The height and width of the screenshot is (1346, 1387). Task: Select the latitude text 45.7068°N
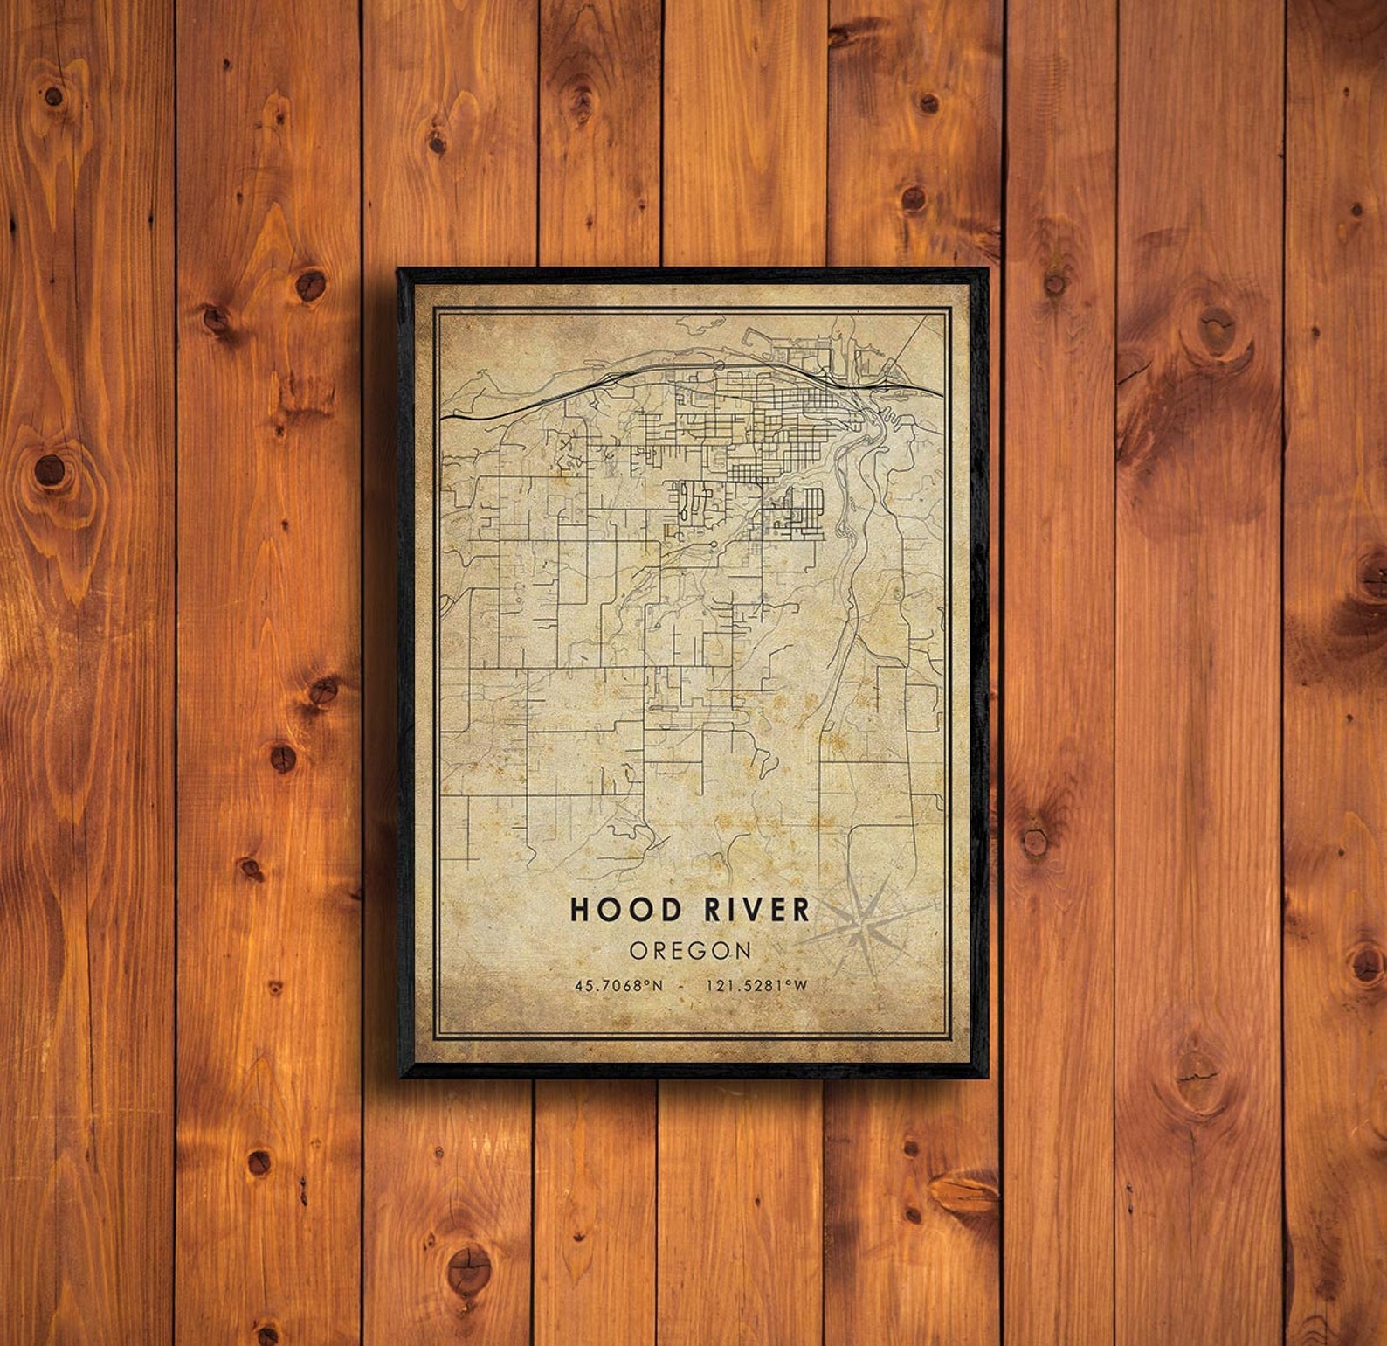[x=619, y=986]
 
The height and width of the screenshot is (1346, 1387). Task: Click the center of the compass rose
[x=865, y=925]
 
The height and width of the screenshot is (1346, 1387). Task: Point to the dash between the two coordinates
[x=691, y=986]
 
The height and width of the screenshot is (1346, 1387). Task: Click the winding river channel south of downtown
[x=844, y=489]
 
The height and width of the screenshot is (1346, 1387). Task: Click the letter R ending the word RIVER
[x=799, y=910]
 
